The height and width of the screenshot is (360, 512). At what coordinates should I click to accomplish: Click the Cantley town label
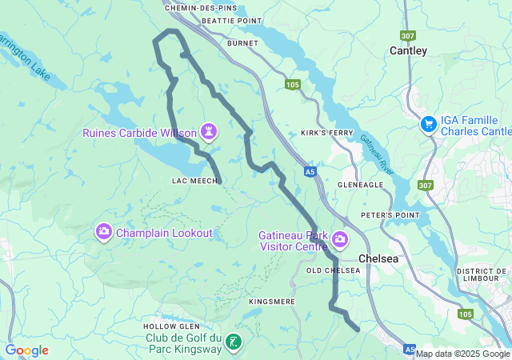click(408, 50)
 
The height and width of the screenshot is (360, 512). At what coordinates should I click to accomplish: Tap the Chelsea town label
click(378, 258)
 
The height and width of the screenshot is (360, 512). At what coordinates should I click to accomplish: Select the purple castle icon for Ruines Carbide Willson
click(210, 130)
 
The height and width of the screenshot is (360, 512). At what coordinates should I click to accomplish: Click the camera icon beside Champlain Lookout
click(103, 233)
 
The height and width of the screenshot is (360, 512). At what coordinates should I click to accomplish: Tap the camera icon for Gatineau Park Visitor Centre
click(340, 239)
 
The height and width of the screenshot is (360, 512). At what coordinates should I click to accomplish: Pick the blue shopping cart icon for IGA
click(429, 124)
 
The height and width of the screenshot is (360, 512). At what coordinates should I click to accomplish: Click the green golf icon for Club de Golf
click(232, 342)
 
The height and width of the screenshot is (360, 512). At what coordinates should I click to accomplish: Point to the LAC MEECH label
click(195, 182)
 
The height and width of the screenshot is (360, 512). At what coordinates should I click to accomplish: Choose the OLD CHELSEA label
click(335, 270)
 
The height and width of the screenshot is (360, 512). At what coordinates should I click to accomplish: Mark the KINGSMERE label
click(272, 302)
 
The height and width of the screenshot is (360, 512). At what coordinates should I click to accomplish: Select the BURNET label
click(242, 42)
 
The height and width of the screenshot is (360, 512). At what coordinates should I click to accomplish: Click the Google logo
click(27, 350)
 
